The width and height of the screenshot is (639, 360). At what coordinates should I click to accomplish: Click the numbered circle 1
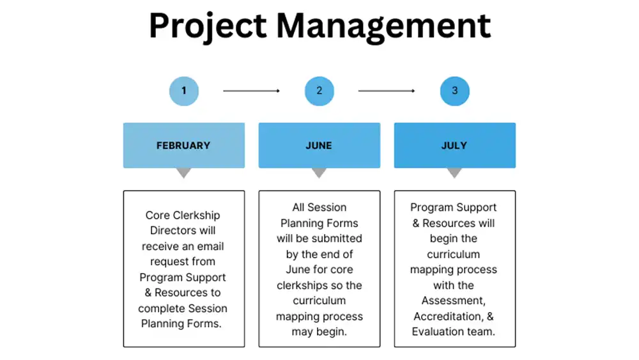point(184,91)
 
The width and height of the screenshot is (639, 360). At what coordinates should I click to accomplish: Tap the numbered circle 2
point(319,91)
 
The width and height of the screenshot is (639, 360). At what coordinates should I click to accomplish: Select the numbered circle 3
point(455,91)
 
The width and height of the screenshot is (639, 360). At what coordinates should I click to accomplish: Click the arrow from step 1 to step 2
point(251,91)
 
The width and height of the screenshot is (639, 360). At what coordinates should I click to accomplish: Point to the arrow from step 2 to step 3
point(387,91)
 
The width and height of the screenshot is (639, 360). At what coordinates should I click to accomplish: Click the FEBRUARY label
point(184,146)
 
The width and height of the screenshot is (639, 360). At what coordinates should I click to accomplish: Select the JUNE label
point(319,146)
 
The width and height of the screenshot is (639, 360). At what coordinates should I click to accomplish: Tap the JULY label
point(454,146)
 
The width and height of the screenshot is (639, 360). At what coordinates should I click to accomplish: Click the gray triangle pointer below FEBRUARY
point(184,173)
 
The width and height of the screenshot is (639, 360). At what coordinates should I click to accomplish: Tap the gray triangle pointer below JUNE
point(319,173)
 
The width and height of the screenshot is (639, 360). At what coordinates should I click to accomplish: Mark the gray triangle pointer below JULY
point(454,173)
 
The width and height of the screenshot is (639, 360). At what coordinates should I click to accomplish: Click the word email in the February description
point(211,246)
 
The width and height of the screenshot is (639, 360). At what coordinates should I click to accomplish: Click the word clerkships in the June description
point(302,285)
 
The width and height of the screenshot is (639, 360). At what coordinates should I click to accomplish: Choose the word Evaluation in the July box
point(440,332)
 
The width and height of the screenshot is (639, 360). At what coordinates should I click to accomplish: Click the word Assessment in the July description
point(454,301)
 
